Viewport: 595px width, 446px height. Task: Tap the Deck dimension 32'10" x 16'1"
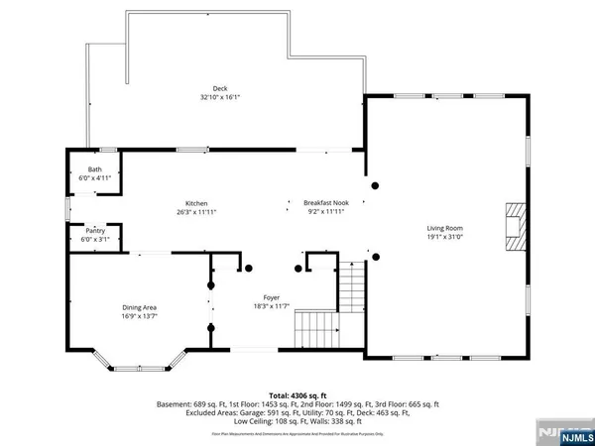pos(207,98)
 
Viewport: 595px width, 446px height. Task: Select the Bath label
pos(95,169)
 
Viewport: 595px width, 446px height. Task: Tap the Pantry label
pos(95,229)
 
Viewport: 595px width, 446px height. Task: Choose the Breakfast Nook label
pos(326,202)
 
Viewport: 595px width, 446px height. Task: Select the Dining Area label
pos(140,307)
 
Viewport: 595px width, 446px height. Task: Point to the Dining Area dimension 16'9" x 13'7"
pos(140,315)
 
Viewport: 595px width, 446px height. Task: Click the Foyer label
pos(271,297)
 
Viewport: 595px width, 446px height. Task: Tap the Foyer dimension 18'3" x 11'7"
pos(271,305)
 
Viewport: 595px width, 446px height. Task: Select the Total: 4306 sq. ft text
pos(297,395)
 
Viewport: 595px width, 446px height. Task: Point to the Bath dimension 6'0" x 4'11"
pos(95,177)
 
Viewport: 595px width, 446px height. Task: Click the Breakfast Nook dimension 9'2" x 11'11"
pos(326,210)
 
